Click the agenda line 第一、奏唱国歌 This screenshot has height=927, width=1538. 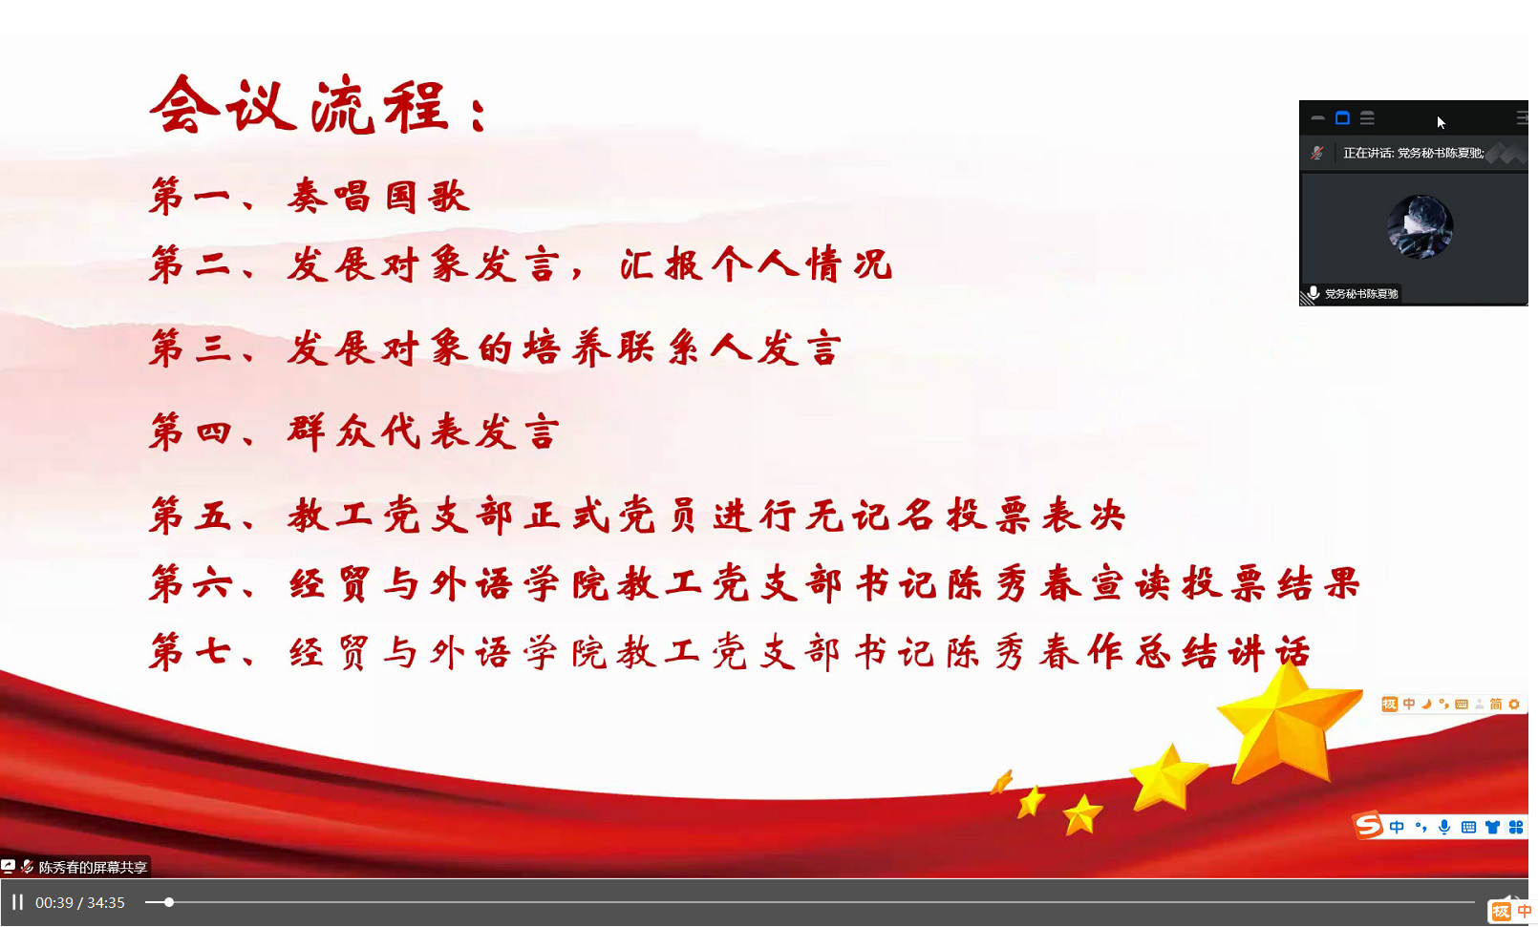[x=310, y=197]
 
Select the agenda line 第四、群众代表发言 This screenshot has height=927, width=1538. [x=354, y=432]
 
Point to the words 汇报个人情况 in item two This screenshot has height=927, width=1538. [x=756, y=264]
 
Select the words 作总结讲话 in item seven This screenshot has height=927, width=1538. [x=1200, y=652]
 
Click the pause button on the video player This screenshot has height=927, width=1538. [x=18, y=902]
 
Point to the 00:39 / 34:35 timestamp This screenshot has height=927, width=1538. [x=80, y=903]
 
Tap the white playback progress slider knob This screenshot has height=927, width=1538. [x=168, y=902]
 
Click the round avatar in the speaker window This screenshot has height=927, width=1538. [x=1420, y=227]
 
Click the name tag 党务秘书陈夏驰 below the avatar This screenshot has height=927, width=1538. [x=1361, y=294]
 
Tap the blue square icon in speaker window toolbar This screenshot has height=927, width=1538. [x=1342, y=118]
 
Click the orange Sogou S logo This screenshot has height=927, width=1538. [x=1367, y=826]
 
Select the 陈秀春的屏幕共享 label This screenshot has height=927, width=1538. [x=93, y=867]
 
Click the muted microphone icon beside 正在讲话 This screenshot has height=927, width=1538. [x=1316, y=153]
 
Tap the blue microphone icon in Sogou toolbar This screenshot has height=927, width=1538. [x=1444, y=828]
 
